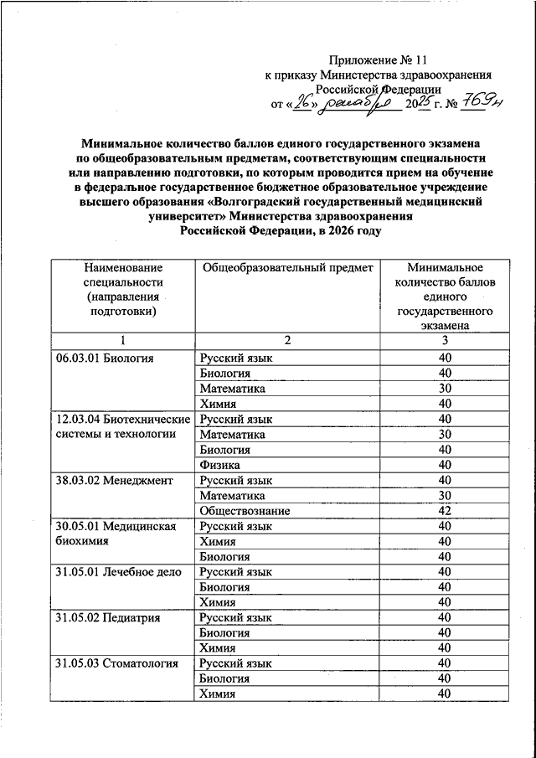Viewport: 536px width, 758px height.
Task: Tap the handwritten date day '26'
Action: tap(309, 103)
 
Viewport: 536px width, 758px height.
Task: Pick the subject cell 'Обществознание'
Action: tap(245, 510)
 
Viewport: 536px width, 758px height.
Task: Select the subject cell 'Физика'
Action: tap(220, 465)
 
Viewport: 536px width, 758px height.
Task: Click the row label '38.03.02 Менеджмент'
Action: tap(114, 480)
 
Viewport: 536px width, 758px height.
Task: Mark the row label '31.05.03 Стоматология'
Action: tap(117, 663)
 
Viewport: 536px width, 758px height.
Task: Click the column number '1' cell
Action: tap(123, 341)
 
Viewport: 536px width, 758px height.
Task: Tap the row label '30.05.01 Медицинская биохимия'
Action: tap(114, 534)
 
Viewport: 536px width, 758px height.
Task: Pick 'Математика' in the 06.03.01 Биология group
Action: tap(233, 389)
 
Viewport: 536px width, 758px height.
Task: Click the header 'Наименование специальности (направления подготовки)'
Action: tap(123, 289)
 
